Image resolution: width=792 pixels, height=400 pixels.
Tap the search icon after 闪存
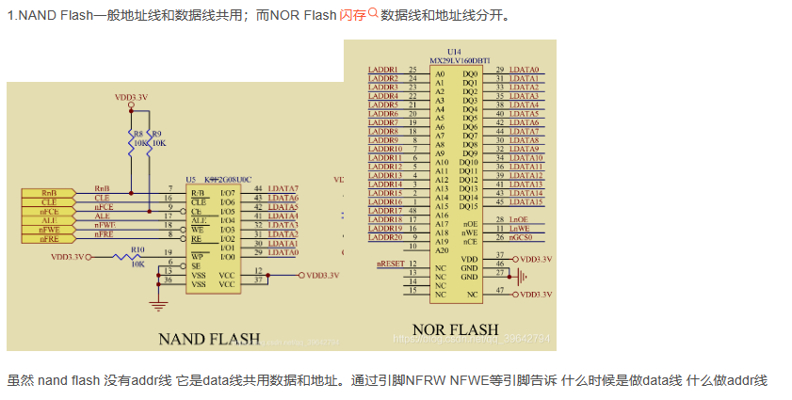click(372, 14)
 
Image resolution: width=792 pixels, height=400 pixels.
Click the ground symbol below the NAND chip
click(158, 305)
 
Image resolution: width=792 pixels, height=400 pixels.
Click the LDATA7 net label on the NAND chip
click(283, 189)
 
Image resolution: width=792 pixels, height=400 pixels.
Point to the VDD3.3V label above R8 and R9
click(131, 97)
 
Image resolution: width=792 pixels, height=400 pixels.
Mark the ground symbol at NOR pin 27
click(524, 276)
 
